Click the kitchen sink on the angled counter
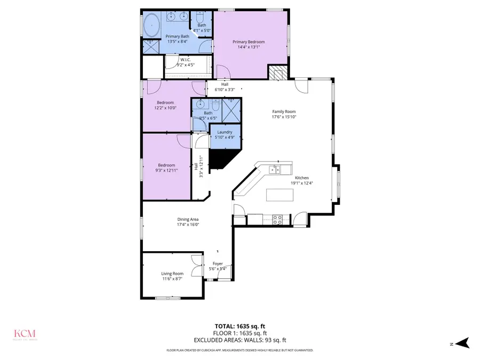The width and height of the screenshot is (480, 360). pos(275,170)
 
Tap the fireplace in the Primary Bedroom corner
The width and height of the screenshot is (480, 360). pos(277,72)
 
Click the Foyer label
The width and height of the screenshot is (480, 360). pos(218,263)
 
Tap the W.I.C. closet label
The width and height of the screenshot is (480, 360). pos(186,59)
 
